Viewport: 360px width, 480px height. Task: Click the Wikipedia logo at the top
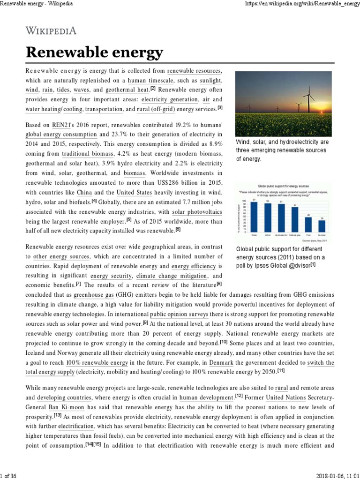(x=51, y=31)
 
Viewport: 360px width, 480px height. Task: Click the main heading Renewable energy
(x=94, y=53)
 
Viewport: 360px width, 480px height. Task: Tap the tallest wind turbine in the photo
(x=308, y=96)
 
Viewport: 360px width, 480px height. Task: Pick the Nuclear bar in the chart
(x=322, y=225)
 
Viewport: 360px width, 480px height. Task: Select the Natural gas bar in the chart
(x=294, y=219)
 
